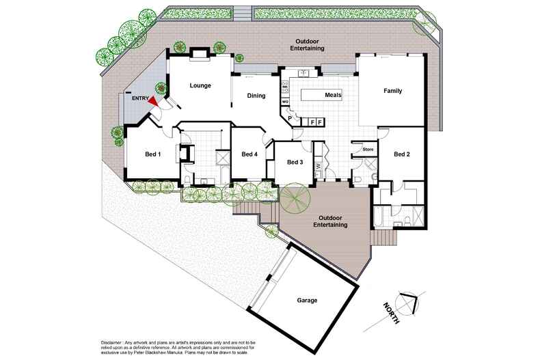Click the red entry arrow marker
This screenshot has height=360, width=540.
coord(154,100)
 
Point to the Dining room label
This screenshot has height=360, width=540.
coord(256,96)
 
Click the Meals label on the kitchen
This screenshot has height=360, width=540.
coord(333,95)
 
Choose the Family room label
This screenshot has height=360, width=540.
coord(392,91)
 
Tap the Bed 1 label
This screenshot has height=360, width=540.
coord(153,154)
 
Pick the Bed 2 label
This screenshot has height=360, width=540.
coord(402,154)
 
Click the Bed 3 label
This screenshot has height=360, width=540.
coord(295,162)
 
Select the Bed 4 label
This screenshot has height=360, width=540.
coord(249,154)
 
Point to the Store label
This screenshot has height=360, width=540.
coord(368,148)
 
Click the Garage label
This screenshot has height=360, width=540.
coord(307,300)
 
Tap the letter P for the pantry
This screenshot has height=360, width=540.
coord(290,118)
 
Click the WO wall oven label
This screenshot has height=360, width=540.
coord(284,102)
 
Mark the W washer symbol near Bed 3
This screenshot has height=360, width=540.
coord(319,166)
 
